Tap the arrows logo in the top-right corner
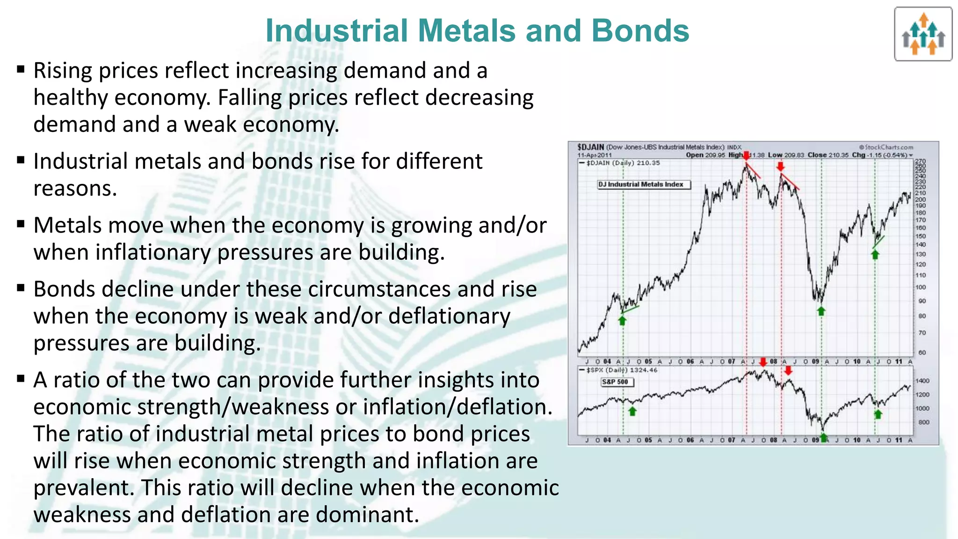(923, 34)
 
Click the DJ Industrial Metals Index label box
(643, 184)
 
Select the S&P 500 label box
(617, 382)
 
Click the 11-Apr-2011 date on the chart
(594, 155)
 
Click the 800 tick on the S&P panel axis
(923, 422)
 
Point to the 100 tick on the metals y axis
(921, 287)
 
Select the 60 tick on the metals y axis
(922, 352)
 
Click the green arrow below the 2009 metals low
(821, 311)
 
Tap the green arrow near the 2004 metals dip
(622, 320)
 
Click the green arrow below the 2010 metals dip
(875, 255)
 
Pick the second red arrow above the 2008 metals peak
(780, 167)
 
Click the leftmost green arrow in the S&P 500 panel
(632, 411)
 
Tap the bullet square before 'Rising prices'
(21, 70)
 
